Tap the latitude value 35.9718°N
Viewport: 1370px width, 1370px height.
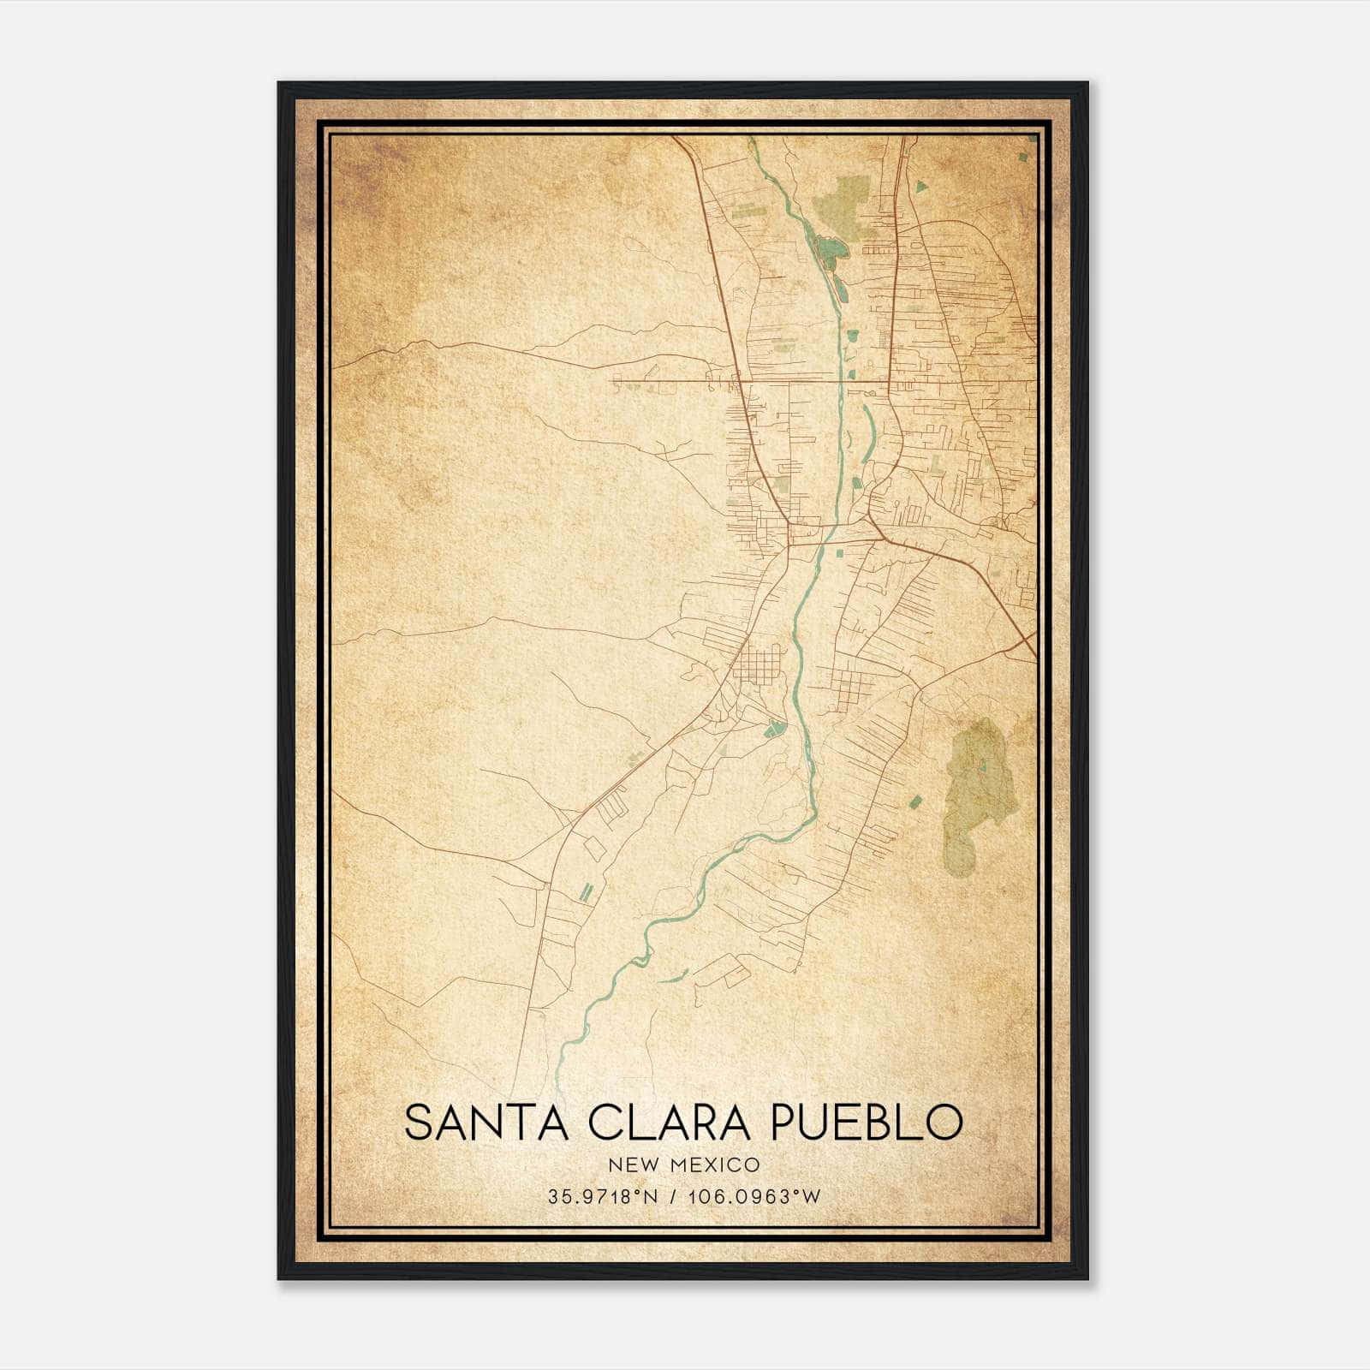(603, 1197)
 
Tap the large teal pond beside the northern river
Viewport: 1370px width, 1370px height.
(828, 248)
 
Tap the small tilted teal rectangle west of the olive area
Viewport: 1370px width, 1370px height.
(914, 802)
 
